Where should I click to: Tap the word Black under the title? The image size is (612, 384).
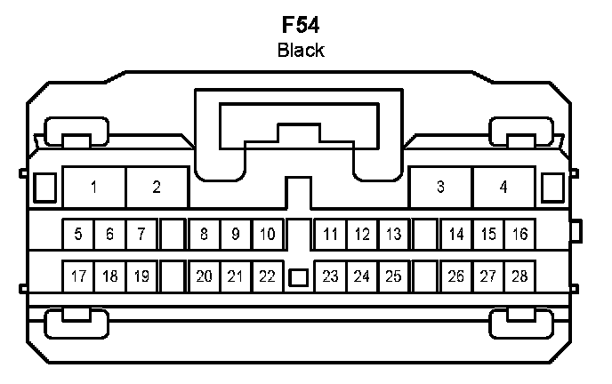tap(300, 50)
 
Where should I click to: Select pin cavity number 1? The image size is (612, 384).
tap(93, 188)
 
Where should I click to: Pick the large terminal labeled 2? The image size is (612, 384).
tap(157, 188)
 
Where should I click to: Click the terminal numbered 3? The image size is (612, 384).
tap(440, 188)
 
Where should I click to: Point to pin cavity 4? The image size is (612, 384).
tap(503, 188)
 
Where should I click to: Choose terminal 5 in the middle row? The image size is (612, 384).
tap(78, 236)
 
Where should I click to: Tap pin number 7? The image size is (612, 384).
tap(141, 236)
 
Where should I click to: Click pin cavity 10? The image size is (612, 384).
tap(267, 236)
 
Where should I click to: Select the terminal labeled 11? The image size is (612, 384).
tap(330, 236)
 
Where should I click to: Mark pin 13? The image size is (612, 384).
tap(393, 236)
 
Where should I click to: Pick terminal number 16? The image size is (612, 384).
tap(519, 236)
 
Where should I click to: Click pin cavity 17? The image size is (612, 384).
tap(78, 276)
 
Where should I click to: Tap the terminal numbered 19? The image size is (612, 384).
tap(141, 276)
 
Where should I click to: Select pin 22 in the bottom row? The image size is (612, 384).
tap(267, 276)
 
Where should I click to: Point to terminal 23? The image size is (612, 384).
tap(330, 276)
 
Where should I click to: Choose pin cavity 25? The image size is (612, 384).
tap(393, 276)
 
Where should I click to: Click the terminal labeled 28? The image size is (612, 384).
tap(519, 276)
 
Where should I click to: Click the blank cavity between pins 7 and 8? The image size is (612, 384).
tap(173, 236)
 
